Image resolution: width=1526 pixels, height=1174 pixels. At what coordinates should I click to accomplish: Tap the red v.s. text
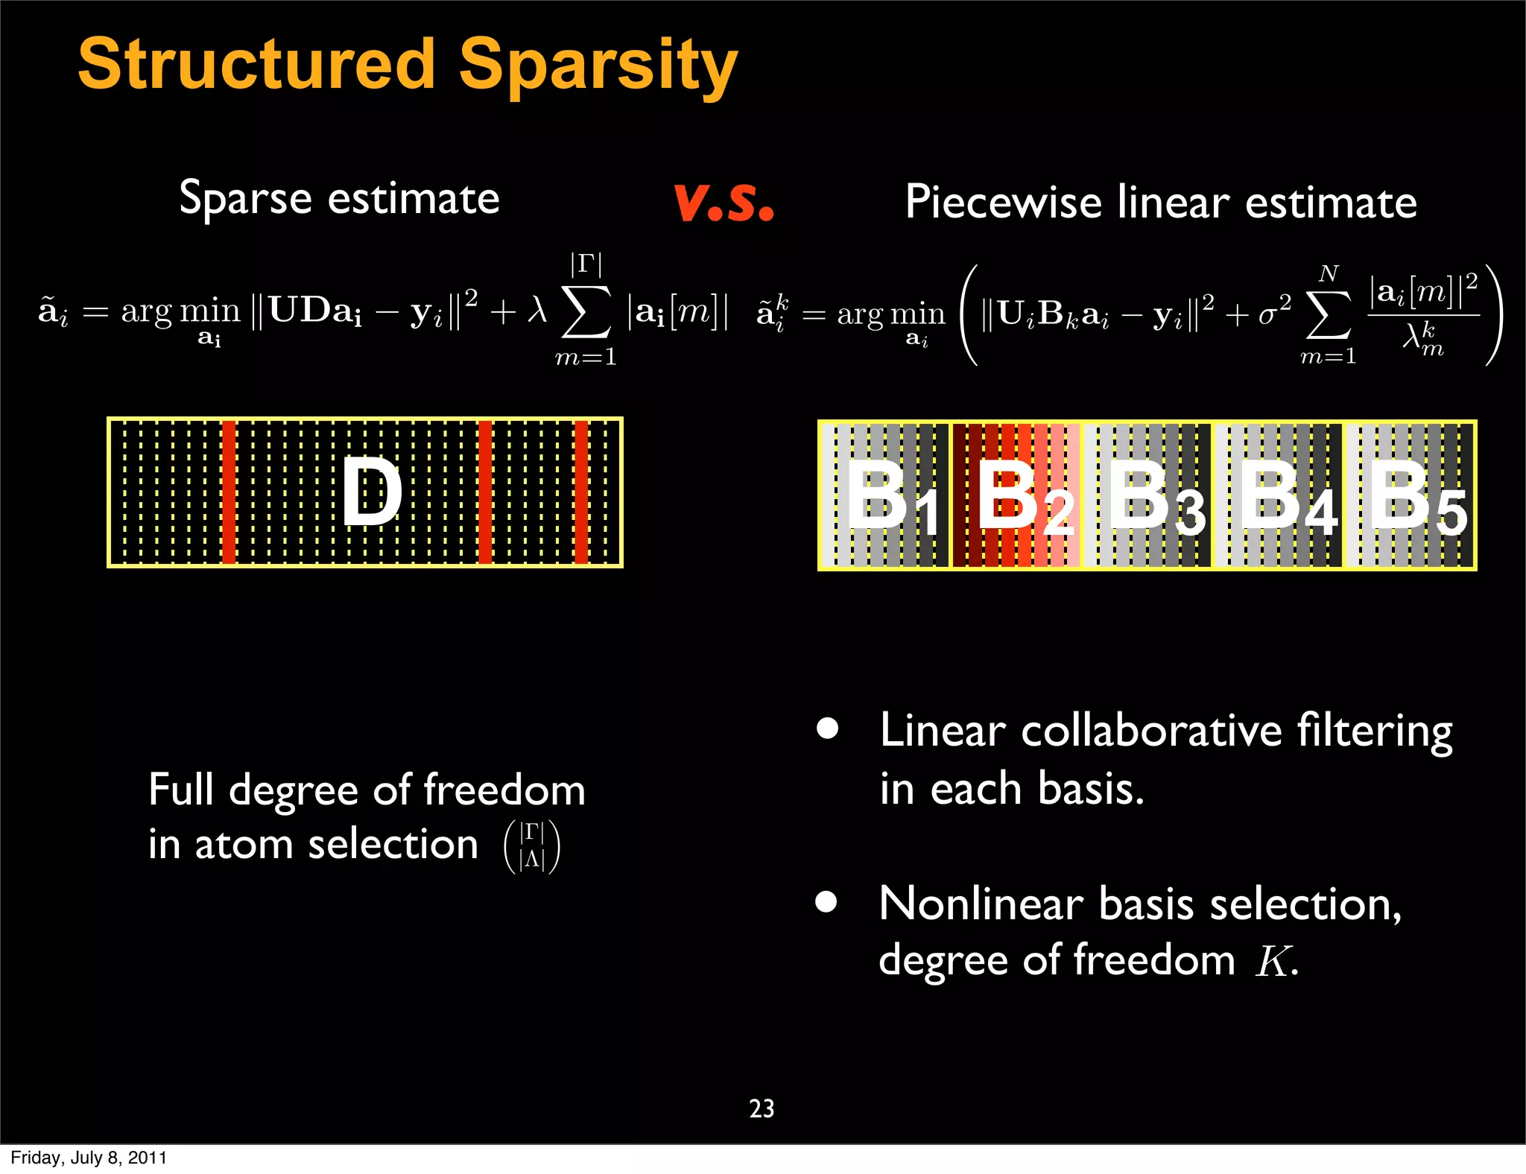724,202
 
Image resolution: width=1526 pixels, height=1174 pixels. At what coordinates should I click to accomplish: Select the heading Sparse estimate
339,199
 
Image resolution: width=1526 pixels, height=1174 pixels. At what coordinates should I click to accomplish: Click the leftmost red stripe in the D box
229,492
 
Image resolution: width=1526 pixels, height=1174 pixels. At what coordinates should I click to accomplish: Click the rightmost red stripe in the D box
581,492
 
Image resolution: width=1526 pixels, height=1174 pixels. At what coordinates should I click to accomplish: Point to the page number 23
762,1108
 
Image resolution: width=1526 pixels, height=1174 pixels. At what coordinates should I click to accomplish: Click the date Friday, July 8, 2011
88,1158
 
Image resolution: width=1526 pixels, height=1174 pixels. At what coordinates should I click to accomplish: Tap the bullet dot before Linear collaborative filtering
827,728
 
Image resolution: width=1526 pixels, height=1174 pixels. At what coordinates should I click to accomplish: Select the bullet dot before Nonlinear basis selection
826,901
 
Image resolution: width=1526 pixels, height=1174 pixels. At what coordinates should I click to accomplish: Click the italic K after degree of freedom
1273,962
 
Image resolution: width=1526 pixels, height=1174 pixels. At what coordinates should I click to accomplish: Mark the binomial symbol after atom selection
532,846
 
